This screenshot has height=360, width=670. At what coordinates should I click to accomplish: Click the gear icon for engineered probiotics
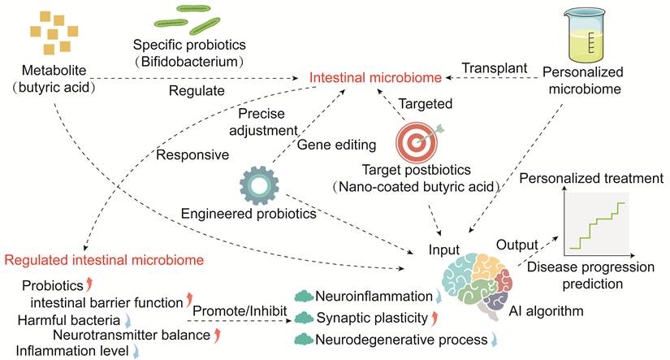(x=259, y=186)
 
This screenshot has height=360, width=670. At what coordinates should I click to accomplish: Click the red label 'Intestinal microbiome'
(x=375, y=77)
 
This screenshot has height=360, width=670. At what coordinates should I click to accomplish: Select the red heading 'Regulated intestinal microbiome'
(x=104, y=260)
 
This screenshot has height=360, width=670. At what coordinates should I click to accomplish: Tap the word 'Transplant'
(x=495, y=68)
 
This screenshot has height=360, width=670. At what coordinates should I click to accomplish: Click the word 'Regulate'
(x=197, y=91)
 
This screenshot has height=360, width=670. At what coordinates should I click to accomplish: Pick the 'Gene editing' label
(x=336, y=145)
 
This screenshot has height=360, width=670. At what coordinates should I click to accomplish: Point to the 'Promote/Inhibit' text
(x=240, y=310)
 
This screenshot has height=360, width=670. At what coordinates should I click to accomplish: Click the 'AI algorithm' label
(x=546, y=310)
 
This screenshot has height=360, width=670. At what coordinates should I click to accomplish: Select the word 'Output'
(x=517, y=245)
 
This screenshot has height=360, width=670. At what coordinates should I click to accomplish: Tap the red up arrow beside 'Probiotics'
(x=89, y=284)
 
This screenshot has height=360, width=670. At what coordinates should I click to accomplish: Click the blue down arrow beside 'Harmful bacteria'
(x=128, y=320)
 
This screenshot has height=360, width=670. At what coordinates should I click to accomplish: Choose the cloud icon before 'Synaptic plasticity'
(x=304, y=318)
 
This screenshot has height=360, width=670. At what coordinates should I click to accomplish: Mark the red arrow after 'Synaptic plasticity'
(x=434, y=318)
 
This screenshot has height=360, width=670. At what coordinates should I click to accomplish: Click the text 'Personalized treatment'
(x=591, y=178)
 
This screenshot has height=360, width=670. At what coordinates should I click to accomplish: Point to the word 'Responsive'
(x=192, y=154)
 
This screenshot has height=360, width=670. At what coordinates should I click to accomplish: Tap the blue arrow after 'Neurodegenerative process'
(x=494, y=340)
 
